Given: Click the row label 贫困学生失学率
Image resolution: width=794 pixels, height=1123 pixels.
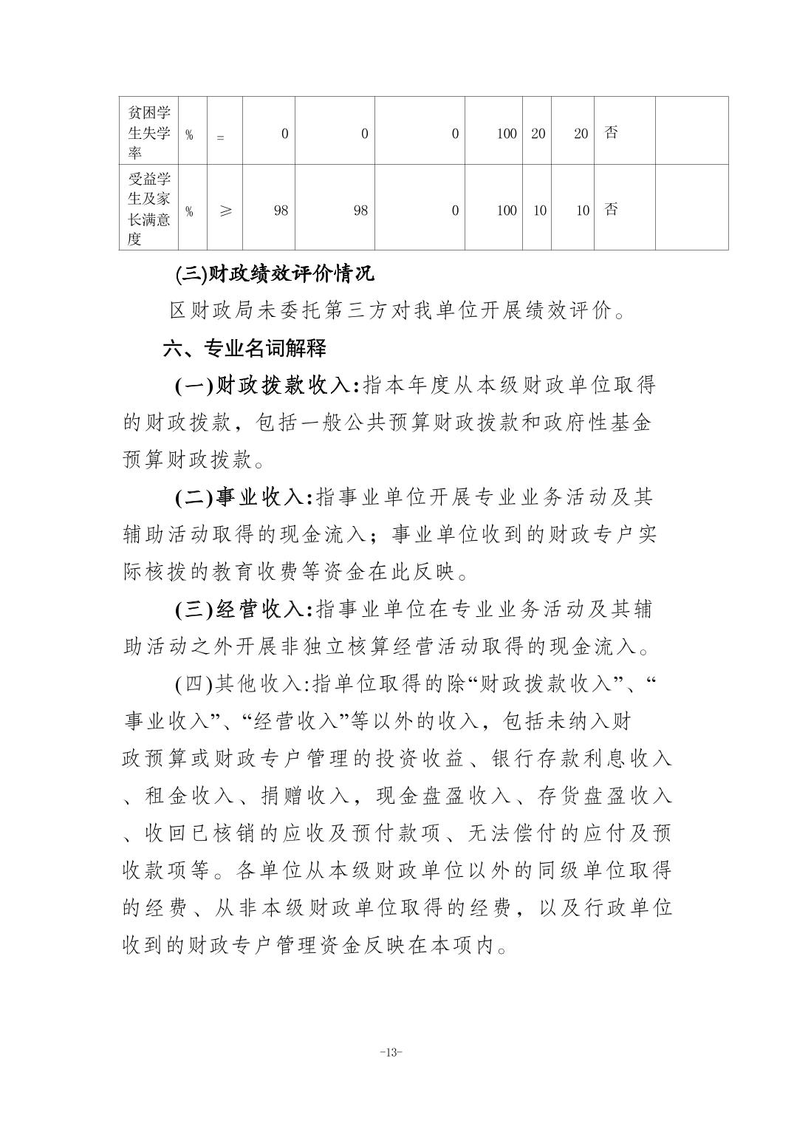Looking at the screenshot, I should click(149, 133).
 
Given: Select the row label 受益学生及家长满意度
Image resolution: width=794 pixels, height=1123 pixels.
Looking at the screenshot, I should click(149, 209).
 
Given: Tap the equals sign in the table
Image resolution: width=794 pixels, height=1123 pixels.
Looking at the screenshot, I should click(220, 136).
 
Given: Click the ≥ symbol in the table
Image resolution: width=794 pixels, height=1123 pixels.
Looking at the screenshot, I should click(225, 210).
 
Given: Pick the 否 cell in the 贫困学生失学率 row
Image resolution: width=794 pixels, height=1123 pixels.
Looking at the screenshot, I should click(611, 133).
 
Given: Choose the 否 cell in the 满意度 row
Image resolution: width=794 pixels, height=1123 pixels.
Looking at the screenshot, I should click(611, 209).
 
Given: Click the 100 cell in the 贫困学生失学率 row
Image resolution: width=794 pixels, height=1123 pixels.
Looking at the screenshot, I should click(507, 134).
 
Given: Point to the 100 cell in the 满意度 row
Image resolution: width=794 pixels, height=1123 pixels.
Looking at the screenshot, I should click(507, 211).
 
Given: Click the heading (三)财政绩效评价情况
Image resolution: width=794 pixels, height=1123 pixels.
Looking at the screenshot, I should click(275, 275).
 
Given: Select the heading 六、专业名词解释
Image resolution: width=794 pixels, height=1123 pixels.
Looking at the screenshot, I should click(244, 348).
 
